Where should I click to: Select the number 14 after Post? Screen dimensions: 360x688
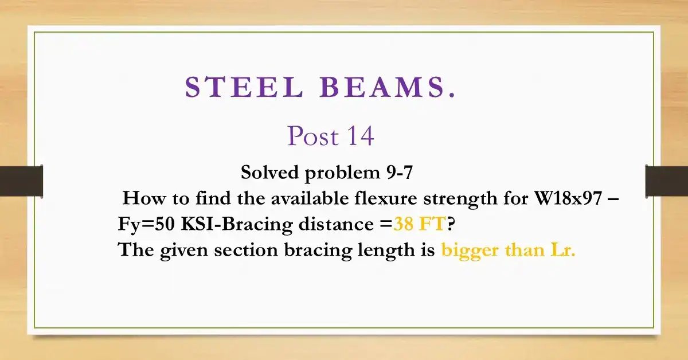coord(359,136)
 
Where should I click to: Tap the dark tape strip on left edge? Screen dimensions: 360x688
coord(21,181)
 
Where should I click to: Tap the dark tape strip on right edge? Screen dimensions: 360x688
coord(666,181)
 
